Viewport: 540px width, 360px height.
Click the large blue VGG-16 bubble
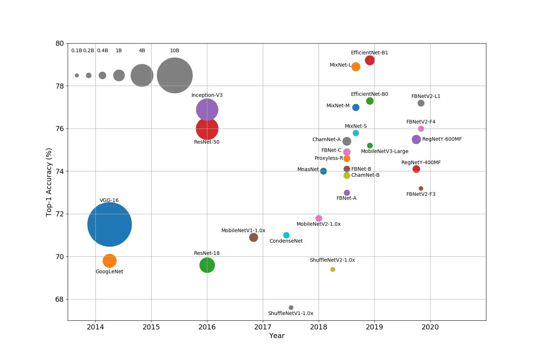pos(109,225)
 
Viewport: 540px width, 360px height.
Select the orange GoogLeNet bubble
pos(109,261)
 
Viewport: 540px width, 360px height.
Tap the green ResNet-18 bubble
pos(207,265)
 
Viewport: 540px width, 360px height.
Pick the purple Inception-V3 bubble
pos(207,109)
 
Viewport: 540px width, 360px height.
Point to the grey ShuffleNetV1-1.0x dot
pos(291,307)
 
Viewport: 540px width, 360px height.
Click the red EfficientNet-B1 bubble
pos(370,60)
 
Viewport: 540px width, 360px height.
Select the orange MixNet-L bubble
pos(356,67)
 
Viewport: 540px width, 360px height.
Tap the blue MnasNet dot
pos(323,171)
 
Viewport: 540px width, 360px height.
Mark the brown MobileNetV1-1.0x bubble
pos(253,237)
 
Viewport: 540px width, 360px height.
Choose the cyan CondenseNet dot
pos(286,235)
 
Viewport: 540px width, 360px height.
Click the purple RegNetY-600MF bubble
pos(416,139)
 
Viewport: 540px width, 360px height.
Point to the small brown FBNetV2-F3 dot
pos(421,188)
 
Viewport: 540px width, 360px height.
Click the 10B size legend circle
pos(175,75)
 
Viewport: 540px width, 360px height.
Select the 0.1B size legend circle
pos(77,75)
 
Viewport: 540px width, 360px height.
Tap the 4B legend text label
pos(142,51)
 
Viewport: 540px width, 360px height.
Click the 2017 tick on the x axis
pos(263,327)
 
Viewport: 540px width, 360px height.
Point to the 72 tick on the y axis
pos(59,214)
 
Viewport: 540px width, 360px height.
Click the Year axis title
pos(277,336)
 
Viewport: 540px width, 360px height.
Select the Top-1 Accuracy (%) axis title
pos(49,182)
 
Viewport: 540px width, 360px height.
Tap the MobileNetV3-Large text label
pos(384,151)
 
